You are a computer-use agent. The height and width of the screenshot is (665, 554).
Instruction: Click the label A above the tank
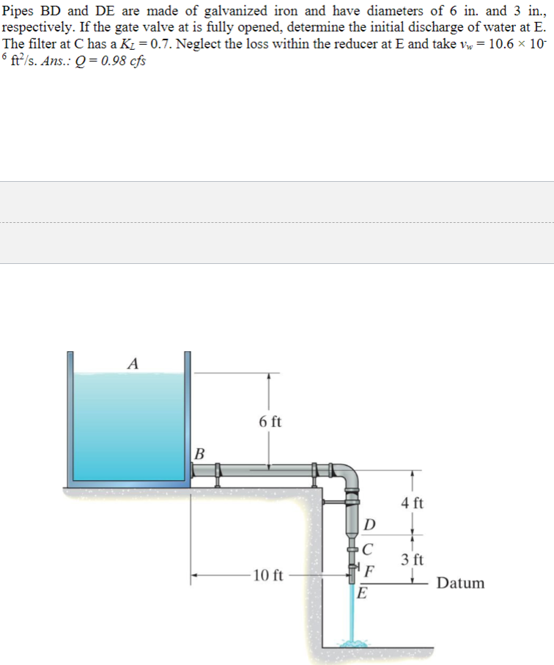[133, 363]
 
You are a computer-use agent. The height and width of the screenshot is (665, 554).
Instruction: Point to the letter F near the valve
[370, 572]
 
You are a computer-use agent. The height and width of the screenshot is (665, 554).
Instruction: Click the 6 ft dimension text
[270, 422]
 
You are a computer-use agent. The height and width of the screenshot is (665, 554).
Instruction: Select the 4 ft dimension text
[413, 503]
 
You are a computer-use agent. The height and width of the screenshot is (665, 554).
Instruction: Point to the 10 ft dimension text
[267, 574]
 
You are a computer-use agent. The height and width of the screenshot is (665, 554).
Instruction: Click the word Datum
[460, 584]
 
